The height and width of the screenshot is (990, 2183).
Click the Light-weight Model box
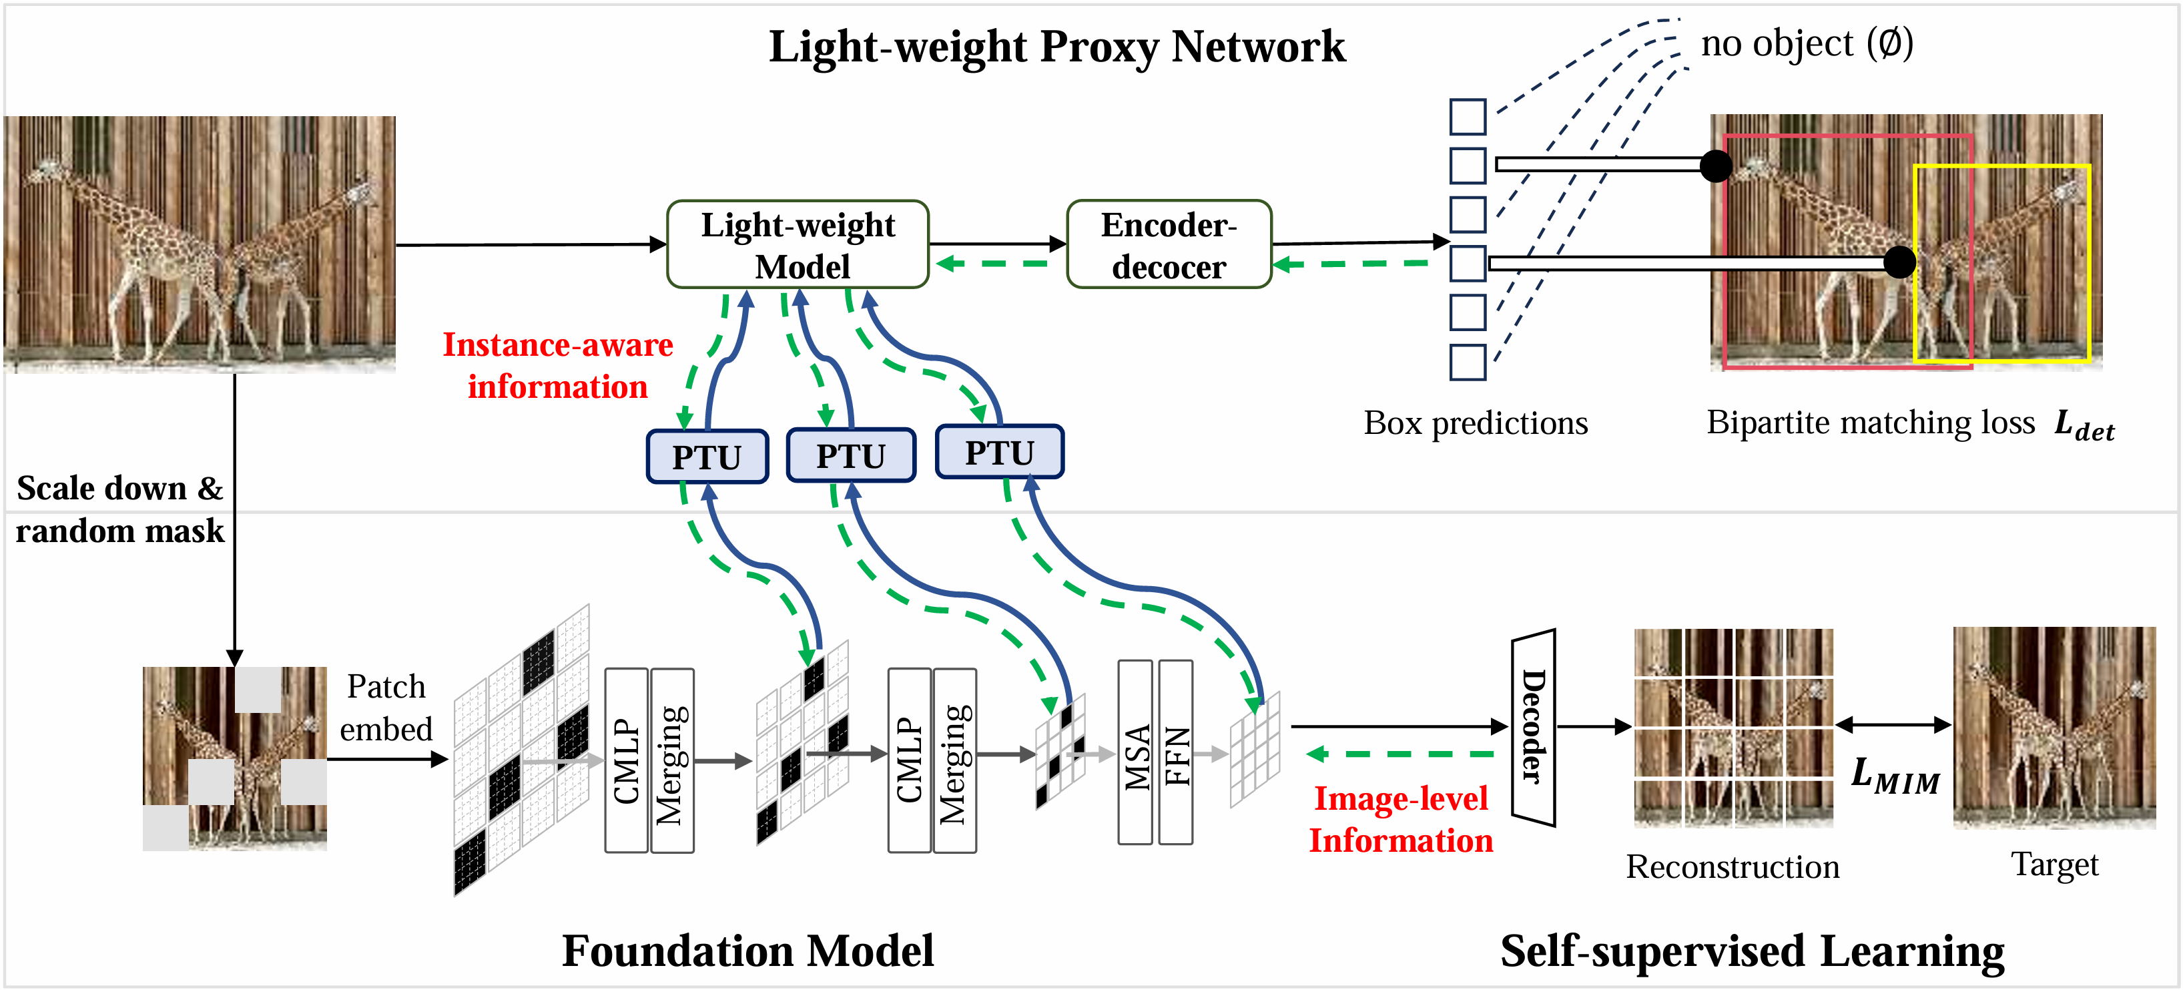pos(798,245)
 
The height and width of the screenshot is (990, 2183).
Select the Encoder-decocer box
pos(1169,245)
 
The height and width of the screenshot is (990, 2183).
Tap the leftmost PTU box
pos(707,457)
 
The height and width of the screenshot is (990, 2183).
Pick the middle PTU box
pos(851,456)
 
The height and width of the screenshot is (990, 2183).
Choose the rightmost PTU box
pos(999,453)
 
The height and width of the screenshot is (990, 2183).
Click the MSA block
pos(1136,752)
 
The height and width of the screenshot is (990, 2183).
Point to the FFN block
pos(1176,752)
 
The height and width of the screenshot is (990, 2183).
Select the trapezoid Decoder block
pos(1533,727)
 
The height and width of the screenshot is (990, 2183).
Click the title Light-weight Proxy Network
pos(1056,47)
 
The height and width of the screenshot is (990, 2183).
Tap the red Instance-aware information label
pos(558,365)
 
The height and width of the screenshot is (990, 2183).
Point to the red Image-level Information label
pos(1401,819)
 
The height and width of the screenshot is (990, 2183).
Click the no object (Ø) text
pos(1807,43)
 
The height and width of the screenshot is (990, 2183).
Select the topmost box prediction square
pos(1467,117)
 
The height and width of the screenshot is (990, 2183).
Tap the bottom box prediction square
pos(1467,362)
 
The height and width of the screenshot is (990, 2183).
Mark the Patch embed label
pos(386,708)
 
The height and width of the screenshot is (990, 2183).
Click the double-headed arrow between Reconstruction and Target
pos(1893,725)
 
